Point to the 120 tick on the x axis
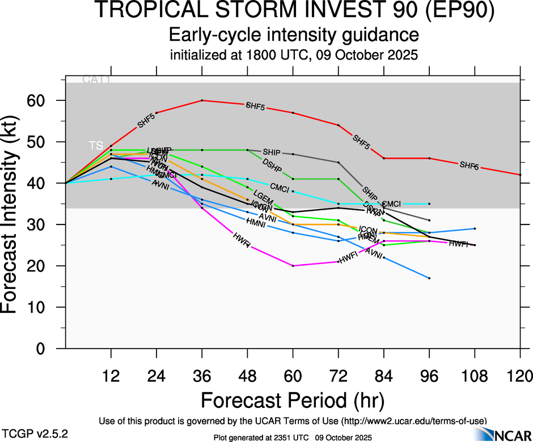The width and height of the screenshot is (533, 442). click(x=521, y=376)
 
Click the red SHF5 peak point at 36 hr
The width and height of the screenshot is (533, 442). click(x=202, y=100)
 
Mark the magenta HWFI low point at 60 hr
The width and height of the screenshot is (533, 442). click(x=293, y=266)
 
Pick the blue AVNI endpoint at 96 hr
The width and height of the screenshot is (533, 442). click(x=429, y=278)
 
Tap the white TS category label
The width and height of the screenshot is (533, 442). click(x=96, y=146)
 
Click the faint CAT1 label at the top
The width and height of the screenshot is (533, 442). click(x=96, y=80)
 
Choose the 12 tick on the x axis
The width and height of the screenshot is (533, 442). click(x=111, y=376)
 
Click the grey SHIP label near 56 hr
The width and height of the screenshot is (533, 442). click(x=272, y=152)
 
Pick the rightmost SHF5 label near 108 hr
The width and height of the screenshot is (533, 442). click(x=469, y=165)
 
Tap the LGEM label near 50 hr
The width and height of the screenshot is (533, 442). click(x=263, y=194)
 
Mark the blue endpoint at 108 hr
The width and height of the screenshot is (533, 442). click(x=475, y=228)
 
